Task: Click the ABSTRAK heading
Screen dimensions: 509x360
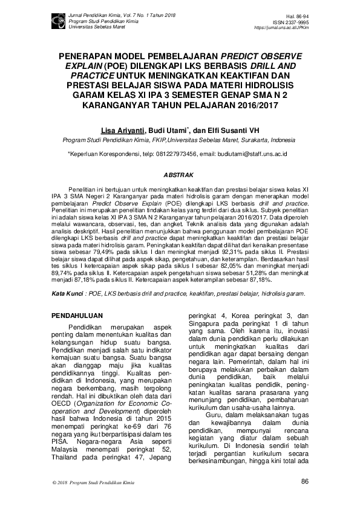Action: (180, 175)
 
